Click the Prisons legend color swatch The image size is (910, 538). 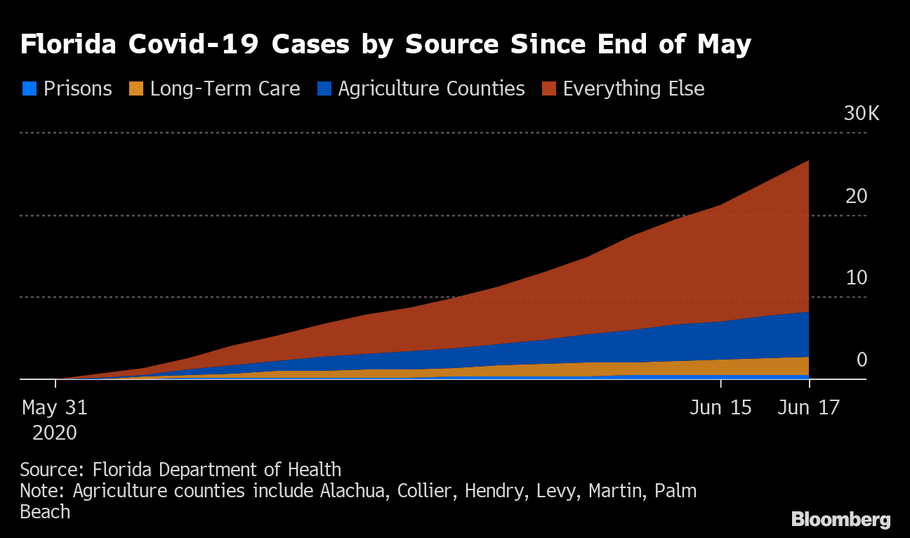pyautogui.click(x=29, y=89)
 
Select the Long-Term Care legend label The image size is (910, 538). pyautogui.click(x=225, y=89)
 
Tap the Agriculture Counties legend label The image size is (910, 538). pyautogui.click(x=431, y=89)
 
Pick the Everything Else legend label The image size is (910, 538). pyautogui.click(x=633, y=89)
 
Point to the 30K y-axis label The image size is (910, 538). pyautogui.click(x=861, y=114)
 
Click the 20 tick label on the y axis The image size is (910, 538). pyautogui.click(x=857, y=197)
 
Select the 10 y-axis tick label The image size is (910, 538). pyautogui.click(x=857, y=278)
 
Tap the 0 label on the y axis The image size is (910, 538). pyautogui.click(x=862, y=360)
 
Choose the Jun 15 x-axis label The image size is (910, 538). pyautogui.click(x=720, y=408)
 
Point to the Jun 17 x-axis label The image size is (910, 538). pyautogui.click(x=809, y=408)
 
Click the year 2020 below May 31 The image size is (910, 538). pyautogui.click(x=55, y=433)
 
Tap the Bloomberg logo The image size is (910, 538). pyautogui.click(x=840, y=520)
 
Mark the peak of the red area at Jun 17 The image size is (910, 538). pyautogui.click(x=808, y=162)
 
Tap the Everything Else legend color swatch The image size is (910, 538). pyautogui.click(x=550, y=89)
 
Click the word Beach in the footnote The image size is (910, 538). pyautogui.click(x=45, y=512)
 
